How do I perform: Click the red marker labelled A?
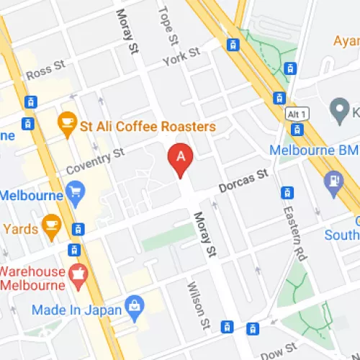[180, 157]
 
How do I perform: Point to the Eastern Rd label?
[296, 224]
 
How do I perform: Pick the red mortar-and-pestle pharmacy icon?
[78, 274]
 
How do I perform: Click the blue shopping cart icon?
[75, 191]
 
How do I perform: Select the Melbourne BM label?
[313, 150]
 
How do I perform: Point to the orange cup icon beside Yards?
[51, 224]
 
